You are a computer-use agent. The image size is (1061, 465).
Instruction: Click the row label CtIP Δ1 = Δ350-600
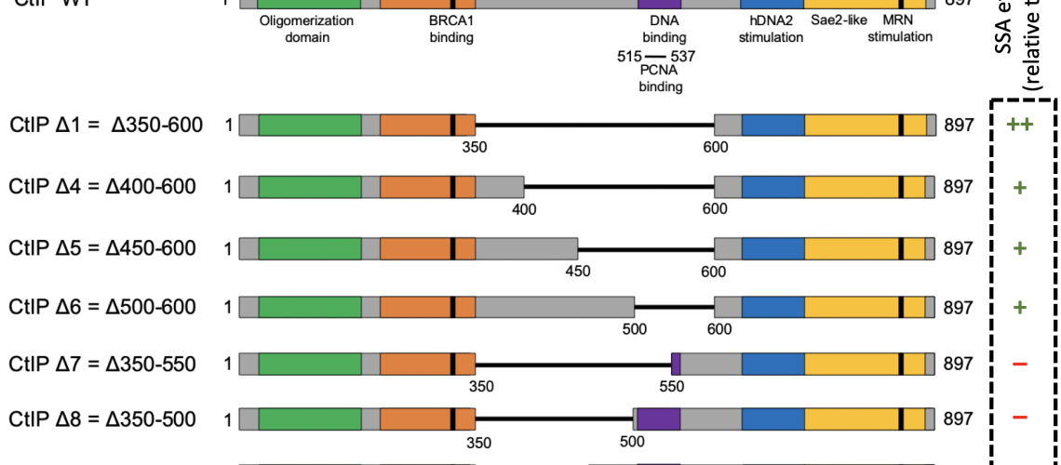tap(106, 126)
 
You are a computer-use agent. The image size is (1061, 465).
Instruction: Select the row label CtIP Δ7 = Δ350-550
tap(102, 364)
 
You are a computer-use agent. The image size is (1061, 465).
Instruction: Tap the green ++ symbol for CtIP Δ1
tap(1019, 126)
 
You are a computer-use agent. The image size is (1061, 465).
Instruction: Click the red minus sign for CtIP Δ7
tap(1019, 364)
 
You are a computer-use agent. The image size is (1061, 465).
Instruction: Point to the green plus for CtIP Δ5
tap(1019, 248)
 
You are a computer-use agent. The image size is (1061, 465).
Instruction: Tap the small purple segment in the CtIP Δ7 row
tap(676, 364)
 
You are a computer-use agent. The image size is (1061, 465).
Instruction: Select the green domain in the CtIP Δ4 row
tap(310, 187)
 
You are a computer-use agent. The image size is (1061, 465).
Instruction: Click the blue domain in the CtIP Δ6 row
tap(772, 307)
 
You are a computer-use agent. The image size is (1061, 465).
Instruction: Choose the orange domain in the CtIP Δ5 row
tap(427, 248)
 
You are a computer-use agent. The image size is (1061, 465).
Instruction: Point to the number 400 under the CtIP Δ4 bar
tap(525, 209)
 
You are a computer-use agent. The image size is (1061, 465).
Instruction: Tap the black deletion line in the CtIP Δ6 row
tap(674, 307)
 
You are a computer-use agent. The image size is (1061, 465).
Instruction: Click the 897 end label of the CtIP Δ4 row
tap(958, 187)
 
